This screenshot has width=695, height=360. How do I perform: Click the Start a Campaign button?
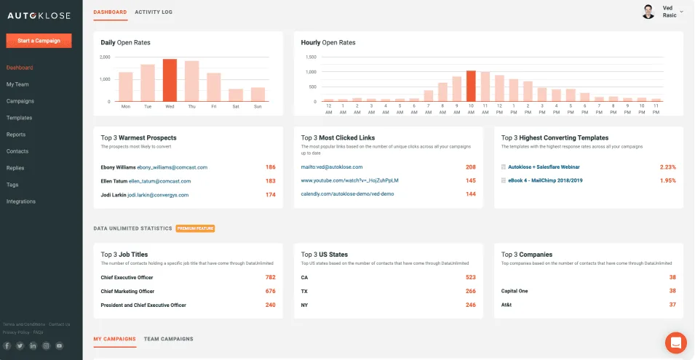[x=39, y=41]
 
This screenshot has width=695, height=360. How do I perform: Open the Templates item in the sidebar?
[x=19, y=118]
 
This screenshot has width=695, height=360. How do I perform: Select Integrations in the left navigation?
[x=21, y=201]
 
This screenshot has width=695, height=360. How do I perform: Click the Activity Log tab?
[x=154, y=12]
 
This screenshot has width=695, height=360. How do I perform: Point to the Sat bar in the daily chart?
[x=235, y=95]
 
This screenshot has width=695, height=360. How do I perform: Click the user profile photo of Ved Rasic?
[x=648, y=12]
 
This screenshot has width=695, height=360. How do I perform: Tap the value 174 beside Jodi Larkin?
[x=270, y=195]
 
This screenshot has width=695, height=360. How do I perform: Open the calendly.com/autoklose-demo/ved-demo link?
[x=347, y=194]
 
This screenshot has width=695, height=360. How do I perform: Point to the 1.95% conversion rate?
[x=667, y=180]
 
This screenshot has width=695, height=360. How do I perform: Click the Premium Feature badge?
[x=195, y=228]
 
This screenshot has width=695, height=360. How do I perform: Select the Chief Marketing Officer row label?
[x=127, y=291]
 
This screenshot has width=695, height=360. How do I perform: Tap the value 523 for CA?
[x=470, y=277]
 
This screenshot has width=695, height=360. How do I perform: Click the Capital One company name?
[x=515, y=291]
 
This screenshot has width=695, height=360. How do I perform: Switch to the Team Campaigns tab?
[x=169, y=339]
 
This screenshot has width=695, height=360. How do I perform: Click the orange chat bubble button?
[x=675, y=342]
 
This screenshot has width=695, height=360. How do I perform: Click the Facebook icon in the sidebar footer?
[x=7, y=345]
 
